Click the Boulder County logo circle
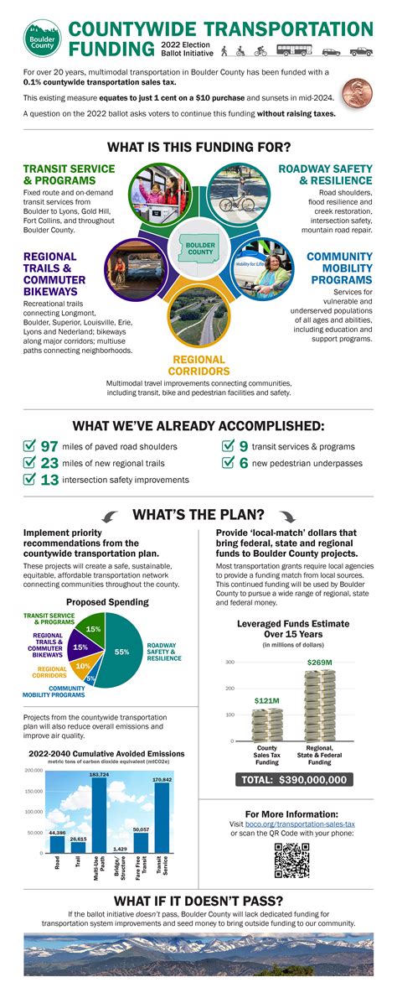[41, 39]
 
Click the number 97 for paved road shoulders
[49, 446]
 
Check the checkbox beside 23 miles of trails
[29, 463]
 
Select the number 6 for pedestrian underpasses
[243, 463]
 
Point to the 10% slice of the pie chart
[83, 666]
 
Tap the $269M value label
[319, 663]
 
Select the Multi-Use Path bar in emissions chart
[99, 814]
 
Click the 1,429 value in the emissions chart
[120, 849]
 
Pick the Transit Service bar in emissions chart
[162, 818]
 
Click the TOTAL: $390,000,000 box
[291, 779]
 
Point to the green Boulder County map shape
[199, 248]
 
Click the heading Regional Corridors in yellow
[198, 366]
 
